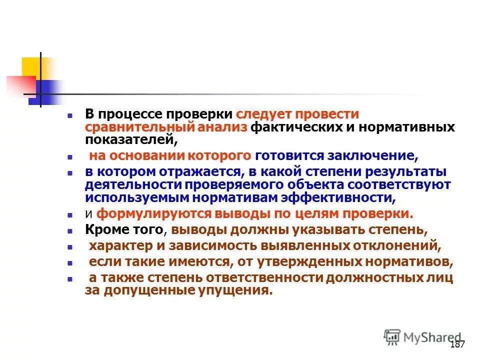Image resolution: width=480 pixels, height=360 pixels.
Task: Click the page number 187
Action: pyautogui.click(x=457, y=344)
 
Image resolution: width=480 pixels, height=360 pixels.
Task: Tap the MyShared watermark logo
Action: pyautogui.click(x=423, y=337)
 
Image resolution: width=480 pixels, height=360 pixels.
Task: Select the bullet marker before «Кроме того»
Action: pyautogui.click(x=71, y=230)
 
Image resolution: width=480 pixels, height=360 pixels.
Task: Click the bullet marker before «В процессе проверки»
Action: pyautogui.click(x=71, y=115)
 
